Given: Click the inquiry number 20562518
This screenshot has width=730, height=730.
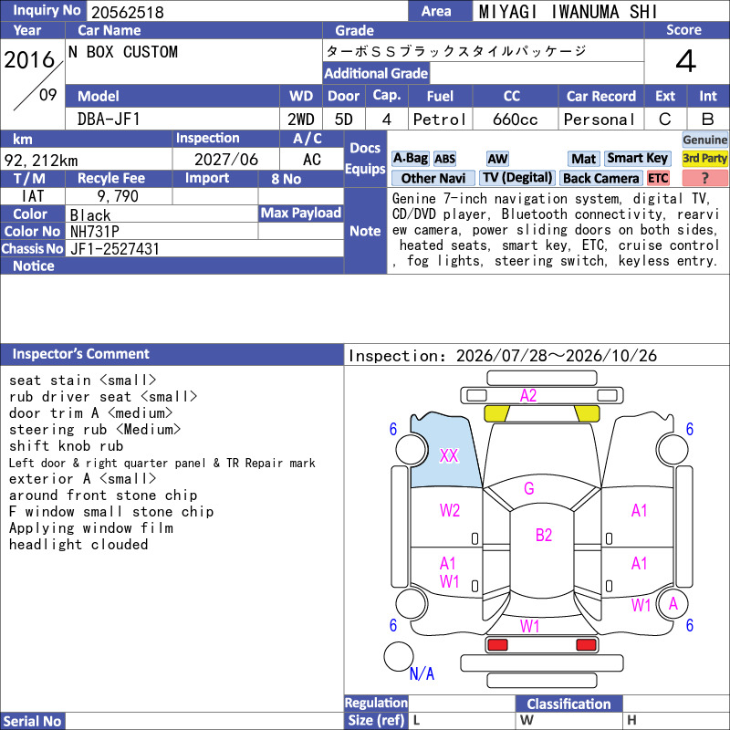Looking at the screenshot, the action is (127, 12).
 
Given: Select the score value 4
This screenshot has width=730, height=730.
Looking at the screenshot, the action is (686, 61).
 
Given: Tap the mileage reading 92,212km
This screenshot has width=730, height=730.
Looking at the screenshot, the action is (41, 161).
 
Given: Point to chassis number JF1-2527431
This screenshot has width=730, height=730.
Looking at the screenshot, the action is (115, 249).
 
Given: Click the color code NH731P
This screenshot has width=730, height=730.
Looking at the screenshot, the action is (95, 232).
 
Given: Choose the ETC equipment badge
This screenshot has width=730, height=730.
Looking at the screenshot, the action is (658, 178).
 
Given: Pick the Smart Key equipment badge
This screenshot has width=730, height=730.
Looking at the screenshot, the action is (637, 158).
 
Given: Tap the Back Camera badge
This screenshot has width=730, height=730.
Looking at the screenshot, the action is (601, 178).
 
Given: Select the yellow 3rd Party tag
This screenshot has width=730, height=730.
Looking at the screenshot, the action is (704, 158).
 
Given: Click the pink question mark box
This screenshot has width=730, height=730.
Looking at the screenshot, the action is (704, 178).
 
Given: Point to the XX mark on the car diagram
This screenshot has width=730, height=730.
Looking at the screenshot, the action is (449, 455).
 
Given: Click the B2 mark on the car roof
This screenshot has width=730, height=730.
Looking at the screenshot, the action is (543, 535).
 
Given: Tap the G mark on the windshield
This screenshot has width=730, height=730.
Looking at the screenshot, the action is (529, 488).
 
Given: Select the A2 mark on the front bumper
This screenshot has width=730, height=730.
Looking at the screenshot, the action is (528, 396).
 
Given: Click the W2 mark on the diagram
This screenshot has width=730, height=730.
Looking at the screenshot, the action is (449, 510).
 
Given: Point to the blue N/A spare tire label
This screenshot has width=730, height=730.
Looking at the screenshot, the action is (422, 673).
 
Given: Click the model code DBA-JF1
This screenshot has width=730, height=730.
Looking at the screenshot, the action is (109, 120).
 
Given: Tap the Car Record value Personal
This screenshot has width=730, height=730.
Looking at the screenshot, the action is (600, 120).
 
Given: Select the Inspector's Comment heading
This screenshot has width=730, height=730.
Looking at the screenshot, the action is (81, 354).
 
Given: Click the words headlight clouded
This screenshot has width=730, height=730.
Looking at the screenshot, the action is (78, 544).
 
